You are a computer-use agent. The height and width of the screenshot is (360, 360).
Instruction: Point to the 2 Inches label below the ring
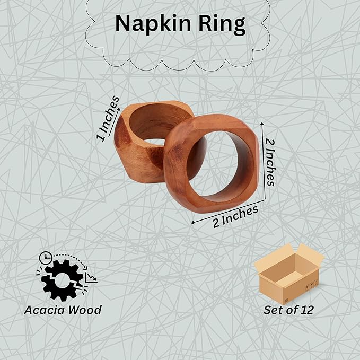tap(235, 216)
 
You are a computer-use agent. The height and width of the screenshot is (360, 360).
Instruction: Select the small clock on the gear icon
tap(46, 258)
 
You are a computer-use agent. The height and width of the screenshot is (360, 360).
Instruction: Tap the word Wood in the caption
tap(85, 310)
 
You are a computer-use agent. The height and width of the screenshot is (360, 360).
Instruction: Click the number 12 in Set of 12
tap(305, 310)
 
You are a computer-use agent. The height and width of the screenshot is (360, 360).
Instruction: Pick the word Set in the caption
tap(274, 310)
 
